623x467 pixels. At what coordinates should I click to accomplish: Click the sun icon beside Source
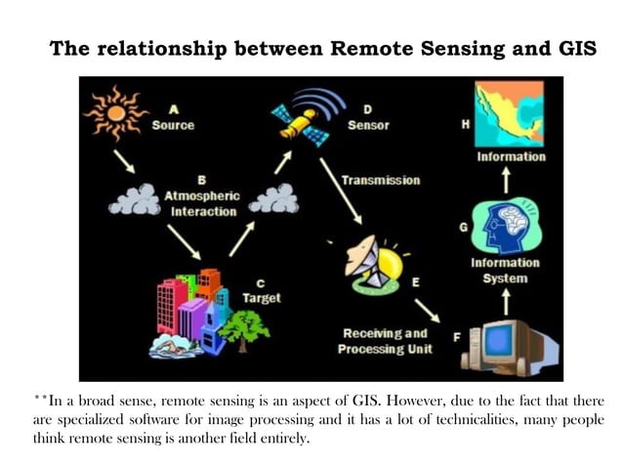point(115,113)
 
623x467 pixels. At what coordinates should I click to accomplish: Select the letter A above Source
point(174,109)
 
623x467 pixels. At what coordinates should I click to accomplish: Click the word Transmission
point(381,180)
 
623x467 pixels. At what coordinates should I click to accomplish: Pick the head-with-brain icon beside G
point(506,227)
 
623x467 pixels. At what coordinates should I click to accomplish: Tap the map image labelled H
point(510,113)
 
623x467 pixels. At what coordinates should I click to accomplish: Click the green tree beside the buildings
point(244,330)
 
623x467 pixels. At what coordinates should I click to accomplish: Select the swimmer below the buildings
point(174,347)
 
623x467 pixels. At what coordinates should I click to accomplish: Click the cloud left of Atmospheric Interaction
point(135,199)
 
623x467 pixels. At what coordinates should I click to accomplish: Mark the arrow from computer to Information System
point(506,302)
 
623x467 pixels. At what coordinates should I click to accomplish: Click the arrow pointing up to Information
point(506,180)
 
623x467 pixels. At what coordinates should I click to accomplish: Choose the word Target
point(262,298)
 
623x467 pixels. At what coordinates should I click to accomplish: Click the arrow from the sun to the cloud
point(124,161)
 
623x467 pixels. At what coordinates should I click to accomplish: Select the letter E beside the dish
point(416,282)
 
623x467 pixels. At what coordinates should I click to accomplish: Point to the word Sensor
point(368,125)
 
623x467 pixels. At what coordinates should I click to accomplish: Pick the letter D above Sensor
point(367,109)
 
